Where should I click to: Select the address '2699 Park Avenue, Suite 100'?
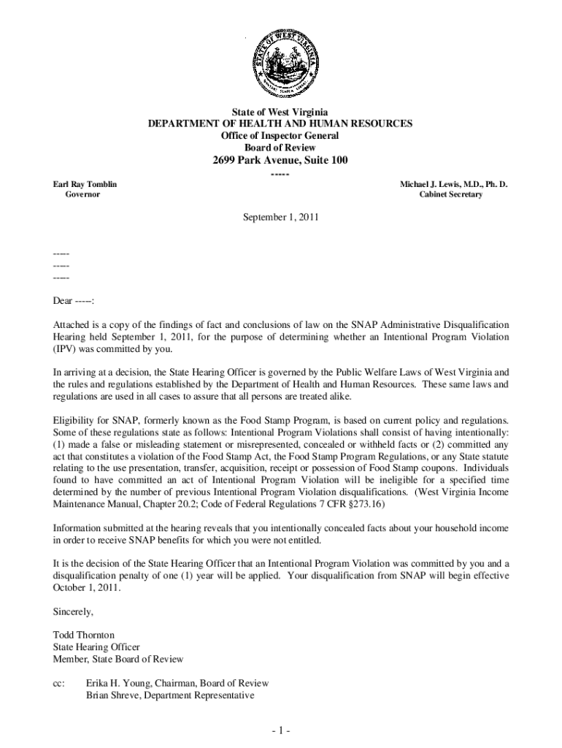280,160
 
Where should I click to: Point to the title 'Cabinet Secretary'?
450,195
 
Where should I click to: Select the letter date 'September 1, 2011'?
280,218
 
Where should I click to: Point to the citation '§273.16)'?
373,505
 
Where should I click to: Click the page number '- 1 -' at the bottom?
280,731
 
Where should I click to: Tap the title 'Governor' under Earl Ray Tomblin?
84,195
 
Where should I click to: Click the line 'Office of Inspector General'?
280,136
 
